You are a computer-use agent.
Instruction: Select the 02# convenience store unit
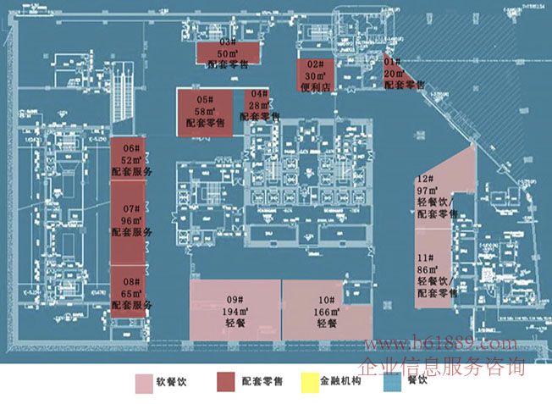pos(314,75)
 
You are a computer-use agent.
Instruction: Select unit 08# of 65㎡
pos(130,292)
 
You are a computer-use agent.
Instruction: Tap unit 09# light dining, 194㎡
pos(235,310)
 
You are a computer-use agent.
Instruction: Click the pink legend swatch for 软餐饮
pos(145,383)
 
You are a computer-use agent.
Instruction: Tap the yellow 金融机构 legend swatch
pos(308,383)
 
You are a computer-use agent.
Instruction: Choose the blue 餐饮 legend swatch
pos(390,383)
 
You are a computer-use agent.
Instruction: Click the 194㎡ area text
pos(235,312)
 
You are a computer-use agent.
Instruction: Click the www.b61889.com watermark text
pos(439,345)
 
